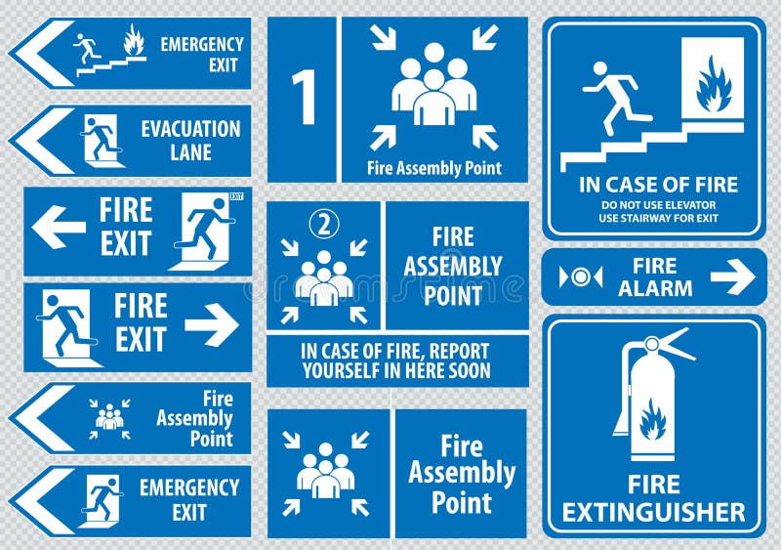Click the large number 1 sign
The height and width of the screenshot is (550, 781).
coord(305,98)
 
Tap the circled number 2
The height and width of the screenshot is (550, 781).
coord(323,225)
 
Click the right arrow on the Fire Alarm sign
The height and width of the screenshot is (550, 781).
coord(732,277)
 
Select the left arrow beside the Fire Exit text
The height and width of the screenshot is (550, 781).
coord(59,227)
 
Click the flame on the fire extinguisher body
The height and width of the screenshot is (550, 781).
coord(652,420)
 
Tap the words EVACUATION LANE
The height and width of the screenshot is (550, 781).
coord(190,140)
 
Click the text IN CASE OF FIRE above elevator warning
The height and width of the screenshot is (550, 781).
coord(658,184)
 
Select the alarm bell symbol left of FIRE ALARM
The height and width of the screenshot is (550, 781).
coord(581,277)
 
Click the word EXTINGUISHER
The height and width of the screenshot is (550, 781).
coord(653,511)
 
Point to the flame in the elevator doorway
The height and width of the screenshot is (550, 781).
coord(713,83)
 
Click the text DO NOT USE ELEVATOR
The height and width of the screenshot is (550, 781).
coord(658,204)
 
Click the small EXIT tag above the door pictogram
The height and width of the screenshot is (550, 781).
coord(236,196)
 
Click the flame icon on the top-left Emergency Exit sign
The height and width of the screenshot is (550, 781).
coord(133,41)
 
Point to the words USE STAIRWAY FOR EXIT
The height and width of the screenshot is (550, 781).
coord(658,218)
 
